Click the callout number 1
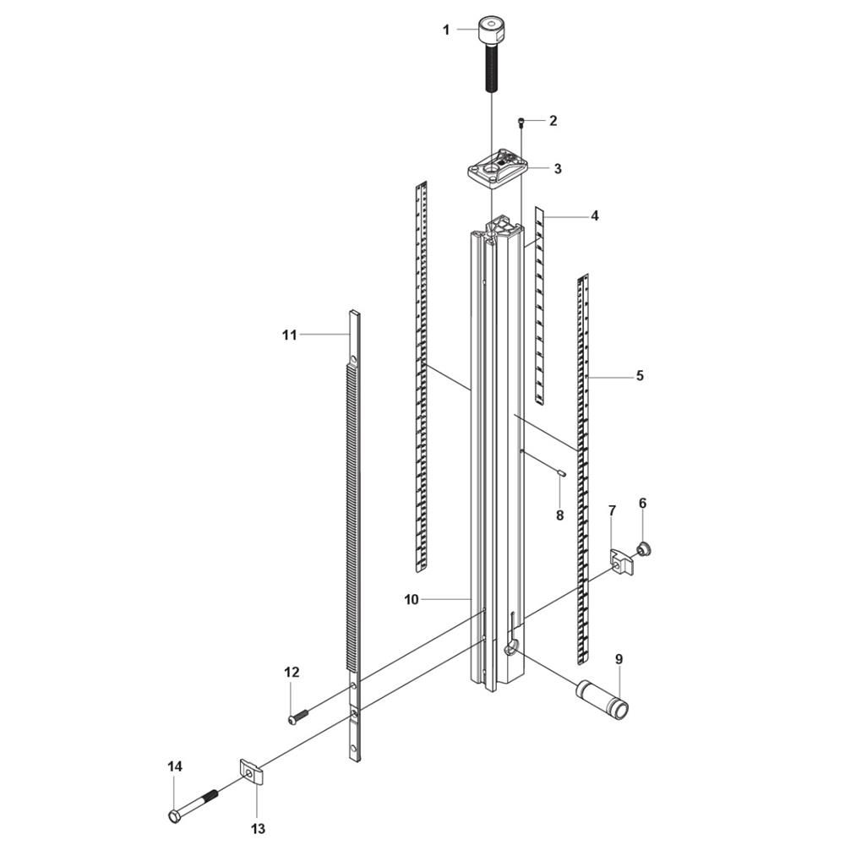(445, 30)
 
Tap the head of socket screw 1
(492, 32)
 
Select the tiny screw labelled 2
(521, 123)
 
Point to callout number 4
(594, 216)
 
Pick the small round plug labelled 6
(642, 549)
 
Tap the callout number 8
(560, 515)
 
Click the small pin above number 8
(560, 473)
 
